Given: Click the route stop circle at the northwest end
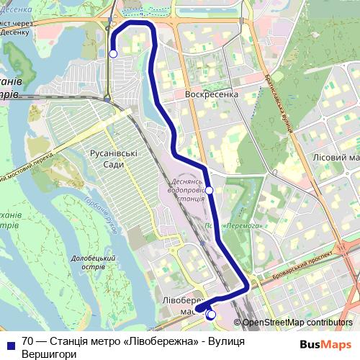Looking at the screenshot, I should (x=113, y=53).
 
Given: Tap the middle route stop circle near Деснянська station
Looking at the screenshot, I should (x=210, y=190).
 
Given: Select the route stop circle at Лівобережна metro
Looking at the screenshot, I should (x=211, y=314).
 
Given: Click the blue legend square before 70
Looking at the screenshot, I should (x=10, y=343).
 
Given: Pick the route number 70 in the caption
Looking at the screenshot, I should (x=27, y=341).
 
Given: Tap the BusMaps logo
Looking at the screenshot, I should (x=325, y=344).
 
